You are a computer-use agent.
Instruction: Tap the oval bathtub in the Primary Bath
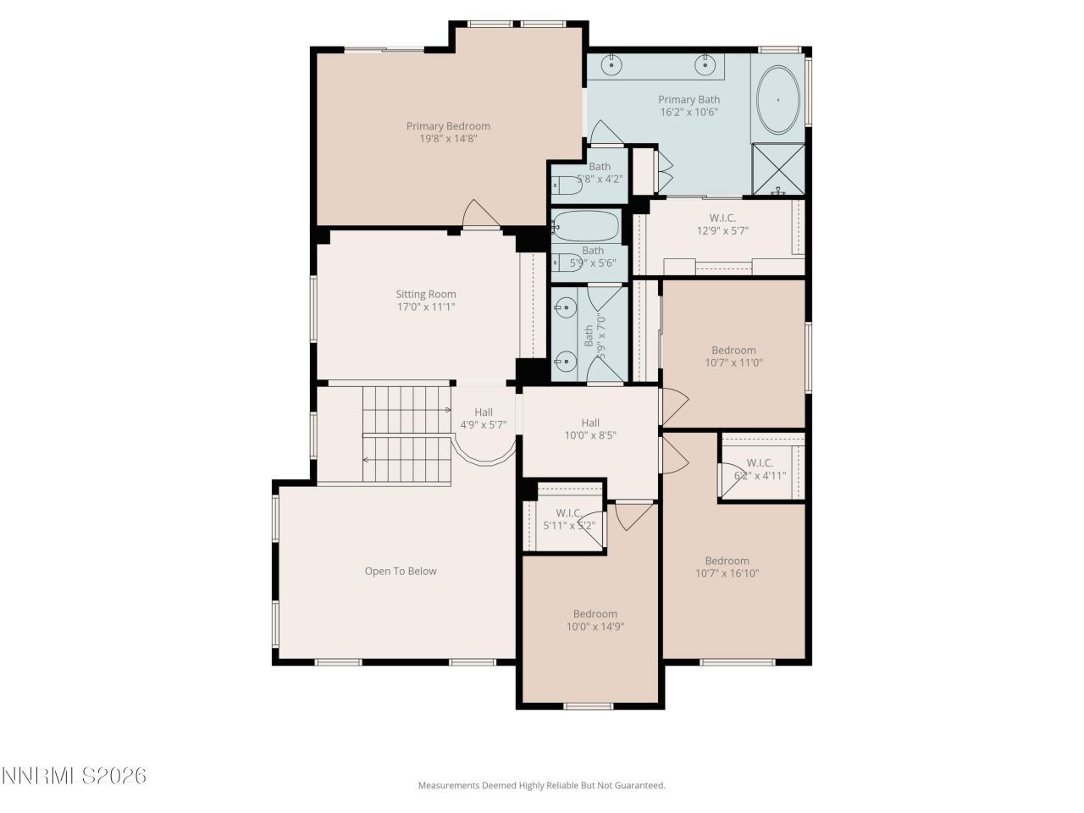coord(777,100)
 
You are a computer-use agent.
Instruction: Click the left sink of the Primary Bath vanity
coord(612,64)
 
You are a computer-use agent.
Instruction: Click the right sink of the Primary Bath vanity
coord(705,64)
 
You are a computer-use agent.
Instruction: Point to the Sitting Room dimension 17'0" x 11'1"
coord(427,307)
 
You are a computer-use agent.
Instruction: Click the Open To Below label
coord(401,571)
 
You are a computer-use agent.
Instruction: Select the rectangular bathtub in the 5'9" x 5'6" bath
coord(585,226)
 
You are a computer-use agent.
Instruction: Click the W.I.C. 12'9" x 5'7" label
coord(722,224)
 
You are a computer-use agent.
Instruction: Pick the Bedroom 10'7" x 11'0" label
coord(733,356)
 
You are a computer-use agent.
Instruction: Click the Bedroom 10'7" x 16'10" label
coord(727,567)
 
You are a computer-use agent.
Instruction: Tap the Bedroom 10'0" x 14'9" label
coord(595,620)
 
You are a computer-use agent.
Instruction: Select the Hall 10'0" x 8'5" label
coord(590,429)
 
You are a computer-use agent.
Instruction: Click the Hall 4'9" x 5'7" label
coord(483,418)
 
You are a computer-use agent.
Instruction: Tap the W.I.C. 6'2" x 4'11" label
coord(760,469)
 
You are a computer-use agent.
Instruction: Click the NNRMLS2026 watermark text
coord(75,776)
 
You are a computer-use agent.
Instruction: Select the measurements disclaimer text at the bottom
coord(541,785)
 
